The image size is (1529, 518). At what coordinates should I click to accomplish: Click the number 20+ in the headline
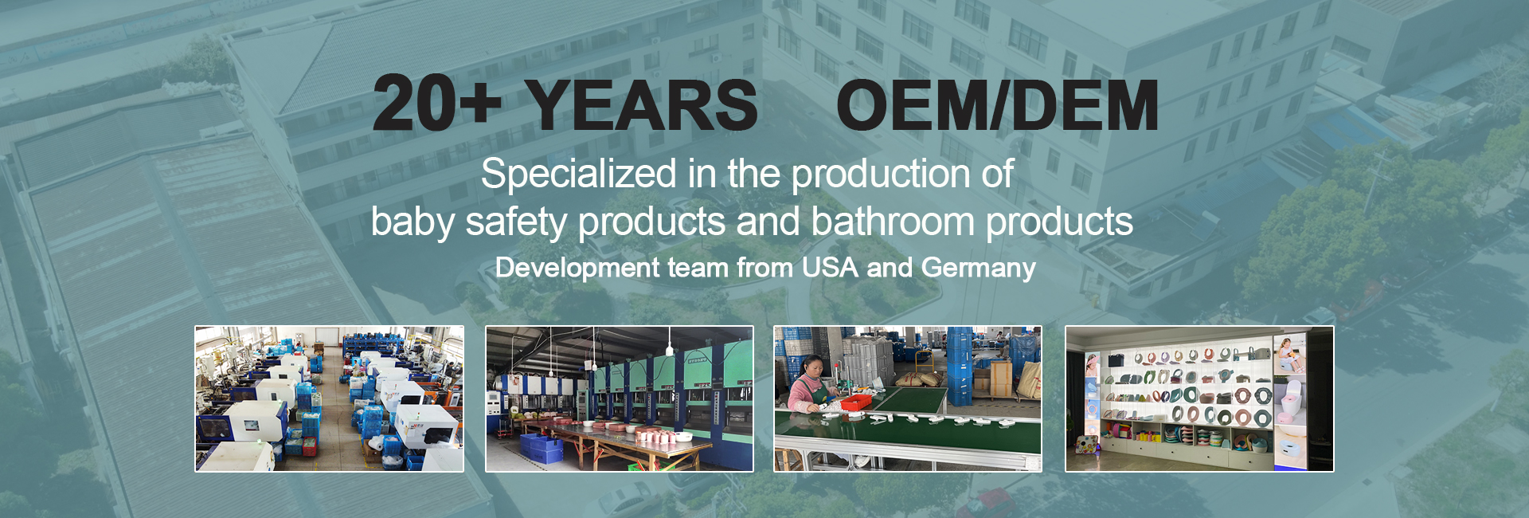click(436, 103)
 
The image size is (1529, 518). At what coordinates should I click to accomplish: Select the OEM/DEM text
click(997, 105)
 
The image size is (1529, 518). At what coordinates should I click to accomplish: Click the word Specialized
click(579, 175)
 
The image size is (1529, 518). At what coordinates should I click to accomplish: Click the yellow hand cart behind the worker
click(926, 363)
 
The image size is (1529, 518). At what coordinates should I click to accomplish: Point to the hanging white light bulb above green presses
click(669, 350)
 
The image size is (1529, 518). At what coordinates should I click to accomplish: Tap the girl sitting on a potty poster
click(1289, 355)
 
